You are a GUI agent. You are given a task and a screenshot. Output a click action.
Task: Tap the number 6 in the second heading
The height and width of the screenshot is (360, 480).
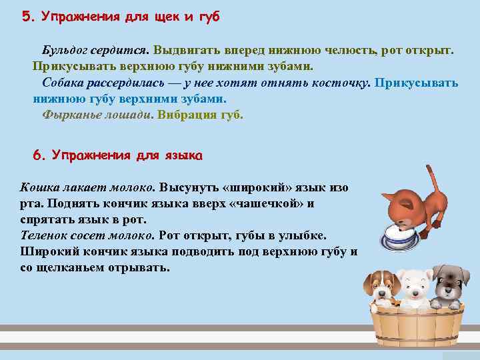point(37,155)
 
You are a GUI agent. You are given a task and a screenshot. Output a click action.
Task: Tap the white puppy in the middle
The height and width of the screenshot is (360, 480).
point(414,287)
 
